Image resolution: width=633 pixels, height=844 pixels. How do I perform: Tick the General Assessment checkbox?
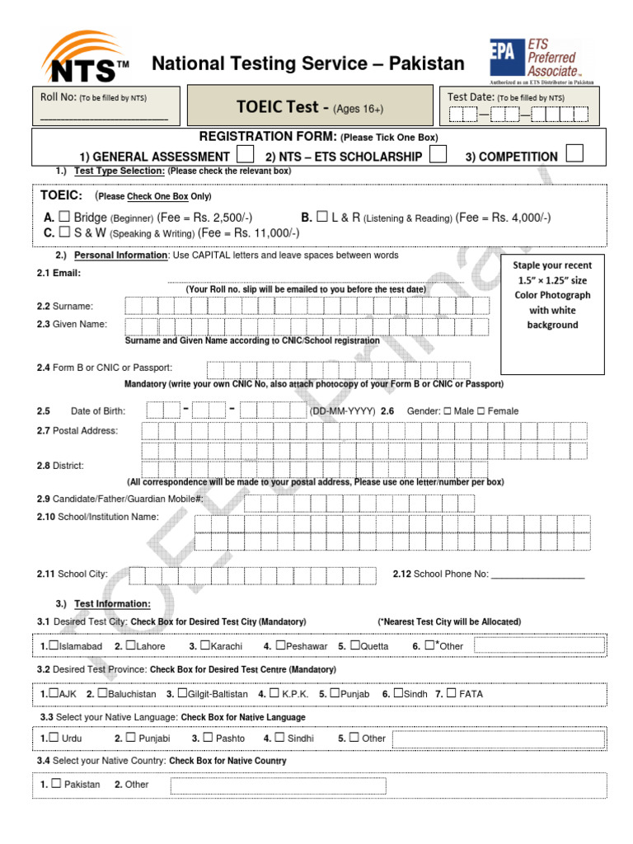pyautogui.click(x=245, y=155)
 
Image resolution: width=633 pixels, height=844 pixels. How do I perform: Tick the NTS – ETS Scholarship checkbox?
pyautogui.click(x=439, y=155)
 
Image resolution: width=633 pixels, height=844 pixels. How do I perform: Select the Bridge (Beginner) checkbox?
pyautogui.click(x=63, y=218)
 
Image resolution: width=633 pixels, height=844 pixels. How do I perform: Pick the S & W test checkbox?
pyautogui.click(x=63, y=233)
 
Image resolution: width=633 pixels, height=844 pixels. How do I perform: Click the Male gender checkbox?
pyautogui.click(x=447, y=411)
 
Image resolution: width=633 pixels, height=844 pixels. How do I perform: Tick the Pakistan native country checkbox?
pyautogui.click(x=56, y=784)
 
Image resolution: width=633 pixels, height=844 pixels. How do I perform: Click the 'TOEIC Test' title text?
pyautogui.click(x=283, y=107)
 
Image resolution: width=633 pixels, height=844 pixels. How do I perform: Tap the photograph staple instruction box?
pyautogui.click(x=552, y=295)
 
